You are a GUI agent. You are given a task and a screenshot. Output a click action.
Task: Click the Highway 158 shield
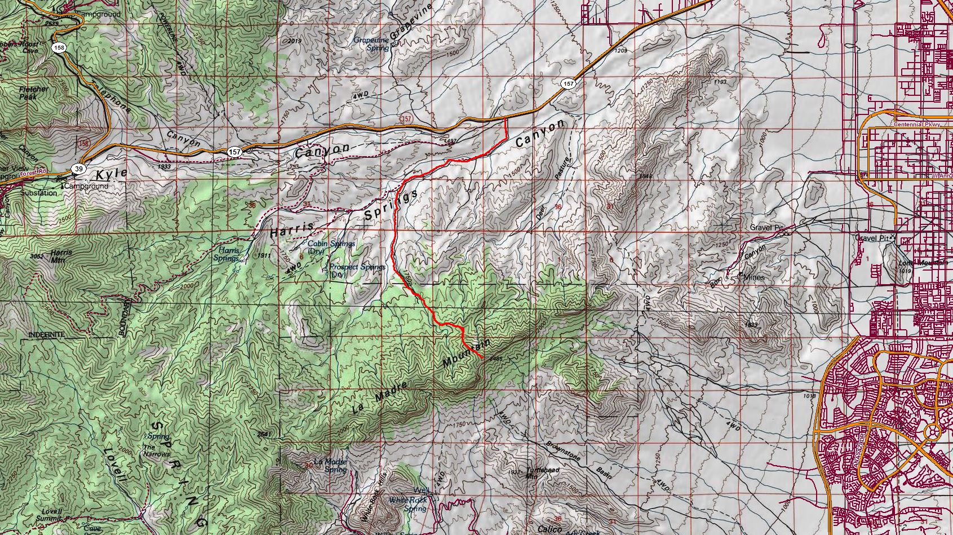coord(59,48)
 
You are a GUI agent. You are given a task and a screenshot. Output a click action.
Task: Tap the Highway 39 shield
coord(79,169)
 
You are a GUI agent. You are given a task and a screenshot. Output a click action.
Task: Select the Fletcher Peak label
coord(34,93)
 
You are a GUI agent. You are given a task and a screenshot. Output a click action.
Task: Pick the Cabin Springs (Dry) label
coord(331,247)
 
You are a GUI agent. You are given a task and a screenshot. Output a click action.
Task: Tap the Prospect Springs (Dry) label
coord(358,271)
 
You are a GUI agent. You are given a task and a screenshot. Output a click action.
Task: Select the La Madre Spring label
coord(330,466)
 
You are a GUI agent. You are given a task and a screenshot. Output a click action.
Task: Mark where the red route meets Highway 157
coord(505,119)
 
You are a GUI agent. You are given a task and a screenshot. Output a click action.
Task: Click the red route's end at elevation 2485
coord(481,358)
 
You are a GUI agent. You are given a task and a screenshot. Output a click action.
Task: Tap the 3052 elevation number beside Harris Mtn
coord(37,257)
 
